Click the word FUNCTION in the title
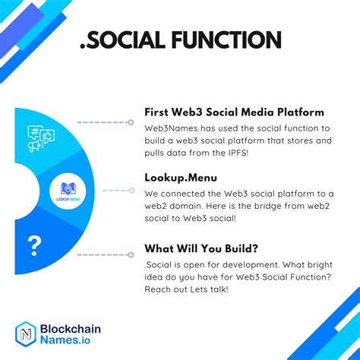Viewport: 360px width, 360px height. pos(222,39)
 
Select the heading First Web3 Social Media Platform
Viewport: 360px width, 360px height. pos(234,112)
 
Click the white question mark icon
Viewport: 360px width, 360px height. pos(33,245)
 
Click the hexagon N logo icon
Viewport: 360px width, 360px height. pos(27,333)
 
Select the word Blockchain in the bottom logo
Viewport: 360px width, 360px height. pos(69,328)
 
